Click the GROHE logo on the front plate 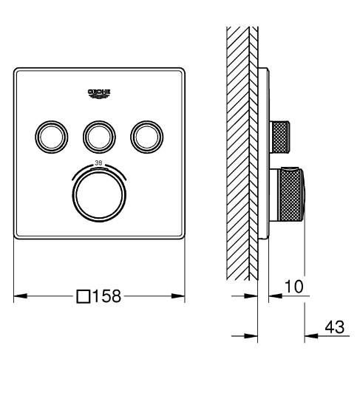click(98, 93)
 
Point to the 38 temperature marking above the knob click(98, 165)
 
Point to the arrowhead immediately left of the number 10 click(273, 296)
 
